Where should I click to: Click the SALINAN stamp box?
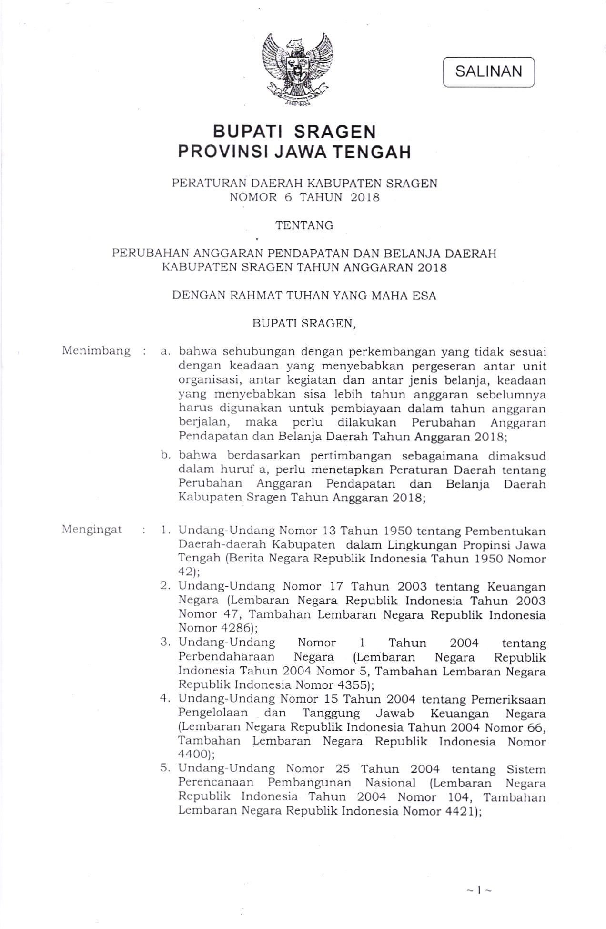(x=488, y=72)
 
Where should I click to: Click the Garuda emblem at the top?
(x=297, y=69)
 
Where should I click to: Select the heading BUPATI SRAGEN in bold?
(x=294, y=132)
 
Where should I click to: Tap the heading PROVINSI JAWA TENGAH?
(x=294, y=152)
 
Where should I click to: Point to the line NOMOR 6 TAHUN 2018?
(x=304, y=197)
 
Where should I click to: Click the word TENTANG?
(x=304, y=225)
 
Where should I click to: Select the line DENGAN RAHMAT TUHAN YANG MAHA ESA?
(x=304, y=296)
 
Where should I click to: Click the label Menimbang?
(x=96, y=351)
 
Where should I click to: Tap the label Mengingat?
(x=92, y=530)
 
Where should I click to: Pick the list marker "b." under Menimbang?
(x=166, y=456)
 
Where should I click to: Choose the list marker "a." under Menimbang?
(x=166, y=352)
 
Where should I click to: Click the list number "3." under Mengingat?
(x=165, y=643)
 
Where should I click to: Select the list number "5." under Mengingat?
(x=165, y=768)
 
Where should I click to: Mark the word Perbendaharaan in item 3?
(x=227, y=657)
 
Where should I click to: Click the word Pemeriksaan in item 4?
(x=508, y=699)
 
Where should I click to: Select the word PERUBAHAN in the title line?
(x=148, y=253)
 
